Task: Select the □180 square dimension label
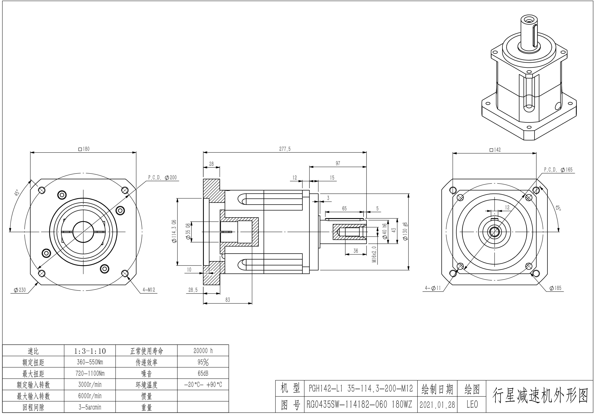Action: [x=84, y=149]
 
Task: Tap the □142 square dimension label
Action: [x=495, y=150]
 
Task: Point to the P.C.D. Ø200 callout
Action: [x=162, y=177]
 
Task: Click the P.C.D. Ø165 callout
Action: [x=558, y=170]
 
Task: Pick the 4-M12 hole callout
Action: [x=149, y=290]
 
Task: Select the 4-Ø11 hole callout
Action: [x=433, y=288]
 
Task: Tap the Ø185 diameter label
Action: [x=555, y=288]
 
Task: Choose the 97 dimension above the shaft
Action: [x=338, y=163]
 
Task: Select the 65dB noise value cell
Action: [x=203, y=373]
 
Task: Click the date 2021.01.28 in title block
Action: [x=437, y=405]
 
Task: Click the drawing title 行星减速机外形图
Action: [x=540, y=396]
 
